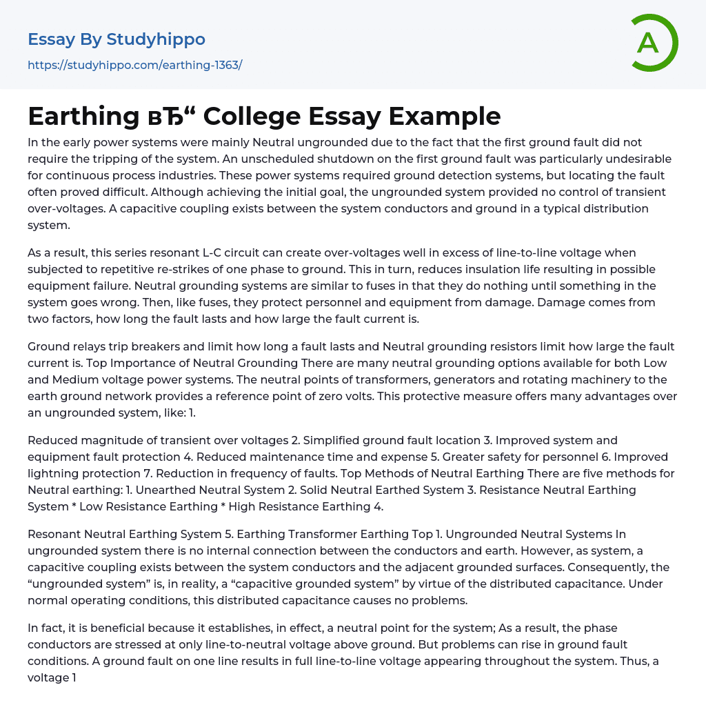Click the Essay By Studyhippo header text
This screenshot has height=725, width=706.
pyautogui.click(x=117, y=39)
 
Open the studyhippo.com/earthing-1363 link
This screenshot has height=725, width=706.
pyautogui.click(x=134, y=66)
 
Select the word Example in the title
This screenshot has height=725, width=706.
pyautogui.click(x=445, y=117)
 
